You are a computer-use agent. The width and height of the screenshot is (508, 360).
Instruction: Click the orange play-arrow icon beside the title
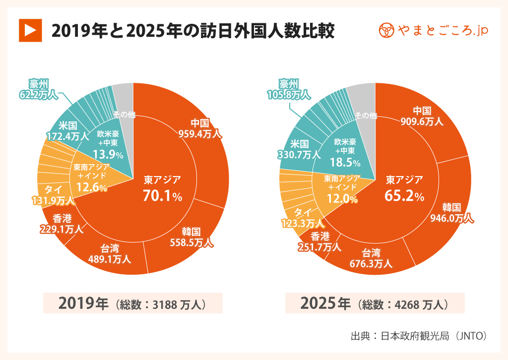click(x=29, y=31)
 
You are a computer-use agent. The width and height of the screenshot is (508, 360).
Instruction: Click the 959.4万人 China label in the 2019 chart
click(x=200, y=128)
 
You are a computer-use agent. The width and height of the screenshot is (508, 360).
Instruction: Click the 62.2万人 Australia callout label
click(x=38, y=88)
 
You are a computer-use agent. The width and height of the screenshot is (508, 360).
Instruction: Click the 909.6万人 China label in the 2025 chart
click(x=422, y=116)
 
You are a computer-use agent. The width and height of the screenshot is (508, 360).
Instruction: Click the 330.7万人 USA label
click(x=299, y=150)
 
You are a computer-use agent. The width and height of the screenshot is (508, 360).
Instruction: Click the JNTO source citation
click(x=419, y=336)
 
